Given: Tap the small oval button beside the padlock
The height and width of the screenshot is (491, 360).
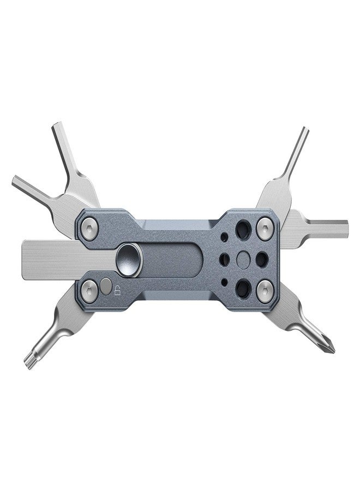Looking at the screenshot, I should click(105, 285).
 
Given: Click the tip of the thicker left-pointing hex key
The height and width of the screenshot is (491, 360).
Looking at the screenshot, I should click(17, 182).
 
